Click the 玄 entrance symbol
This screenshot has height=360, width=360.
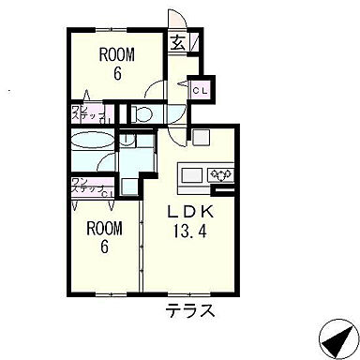pos(177,40)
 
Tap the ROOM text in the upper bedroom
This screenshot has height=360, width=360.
pos(119,54)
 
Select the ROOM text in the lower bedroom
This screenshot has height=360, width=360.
pos(104,228)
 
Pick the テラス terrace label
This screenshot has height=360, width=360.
pos(191,309)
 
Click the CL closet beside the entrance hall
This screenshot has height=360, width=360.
pos(199,90)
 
